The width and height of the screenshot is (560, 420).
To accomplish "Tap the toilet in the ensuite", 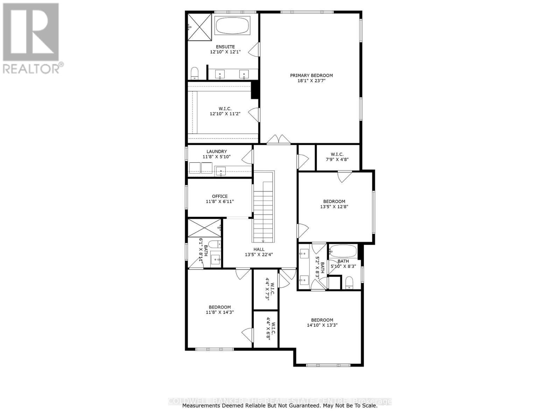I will tap(195, 73).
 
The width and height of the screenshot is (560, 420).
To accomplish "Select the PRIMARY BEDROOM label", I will tap(311, 75).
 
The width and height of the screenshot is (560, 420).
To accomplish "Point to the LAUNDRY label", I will tap(216, 152).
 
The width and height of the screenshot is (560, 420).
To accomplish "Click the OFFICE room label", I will tap(219, 196).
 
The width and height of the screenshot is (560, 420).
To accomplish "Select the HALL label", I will tap(259, 249).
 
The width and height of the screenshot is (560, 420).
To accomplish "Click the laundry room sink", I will tap(221, 171).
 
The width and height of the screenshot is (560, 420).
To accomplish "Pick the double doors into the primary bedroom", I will tap(278, 140).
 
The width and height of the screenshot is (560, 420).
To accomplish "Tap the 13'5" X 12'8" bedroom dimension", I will tap(334, 207).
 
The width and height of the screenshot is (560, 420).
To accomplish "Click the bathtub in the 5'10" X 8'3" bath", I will tap(343, 251).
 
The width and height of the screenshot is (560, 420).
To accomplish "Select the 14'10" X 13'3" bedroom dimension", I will tap(322, 325).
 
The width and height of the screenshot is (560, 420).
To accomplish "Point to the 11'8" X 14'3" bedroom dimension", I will tap(219, 312).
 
